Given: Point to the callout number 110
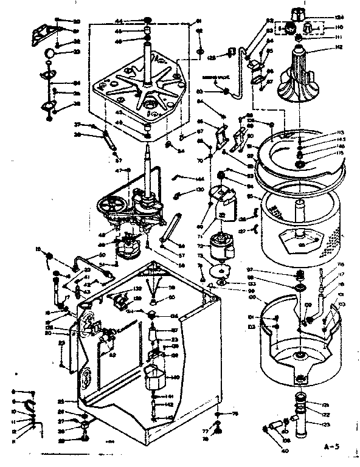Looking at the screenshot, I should [339, 28].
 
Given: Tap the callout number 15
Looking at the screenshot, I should [38, 249].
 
